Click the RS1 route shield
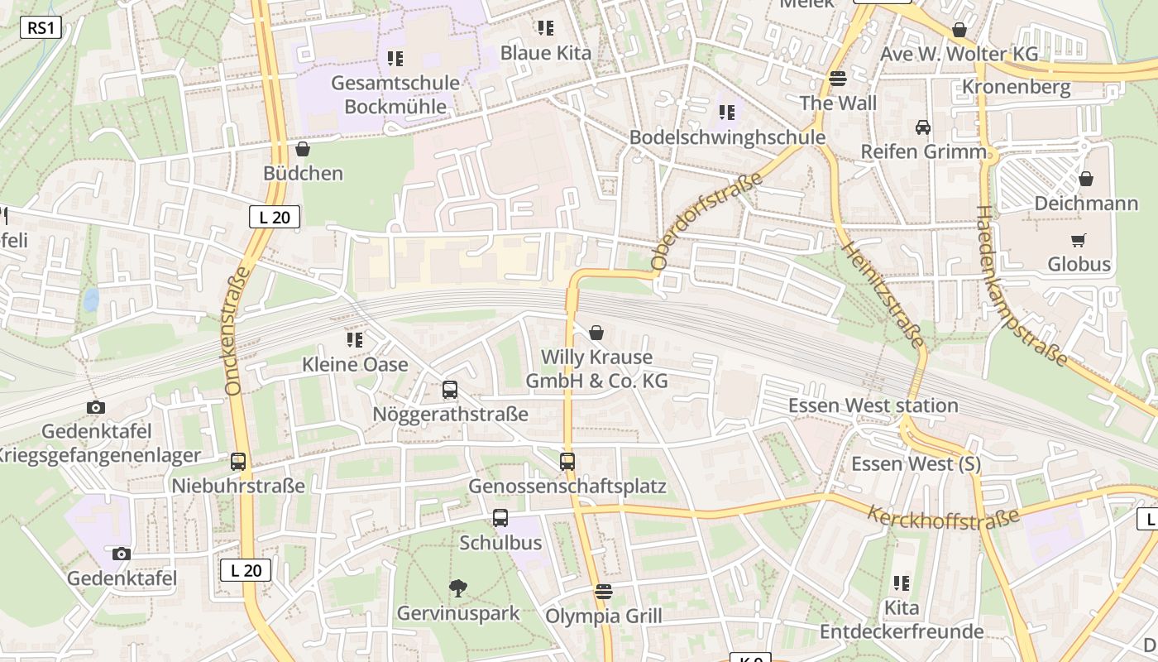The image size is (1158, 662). [41, 28]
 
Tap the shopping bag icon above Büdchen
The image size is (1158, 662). [303, 149]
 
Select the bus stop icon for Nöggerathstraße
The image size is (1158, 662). [450, 389]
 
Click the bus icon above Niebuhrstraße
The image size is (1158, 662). [238, 462]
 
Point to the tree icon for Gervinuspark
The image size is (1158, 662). [457, 588]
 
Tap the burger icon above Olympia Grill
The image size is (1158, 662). [604, 592]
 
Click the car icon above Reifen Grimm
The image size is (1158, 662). [923, 127]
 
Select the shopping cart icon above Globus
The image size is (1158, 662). [1078, 240]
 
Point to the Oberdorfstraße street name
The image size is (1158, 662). [706, 222]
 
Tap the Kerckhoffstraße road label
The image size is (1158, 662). [943, 517]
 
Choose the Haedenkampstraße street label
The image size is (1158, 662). [1022, 285]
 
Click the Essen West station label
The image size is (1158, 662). [873, 405]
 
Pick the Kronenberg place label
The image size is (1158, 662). [1016, 87]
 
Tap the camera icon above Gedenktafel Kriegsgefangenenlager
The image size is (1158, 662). [96, 407]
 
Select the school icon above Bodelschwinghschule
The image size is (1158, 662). [726, 113]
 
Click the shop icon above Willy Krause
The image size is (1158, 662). [596, 333]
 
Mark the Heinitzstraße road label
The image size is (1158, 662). [883, 295]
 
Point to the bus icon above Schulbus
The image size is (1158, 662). [500, 518]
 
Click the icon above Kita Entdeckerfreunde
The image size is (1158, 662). [902, 583]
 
